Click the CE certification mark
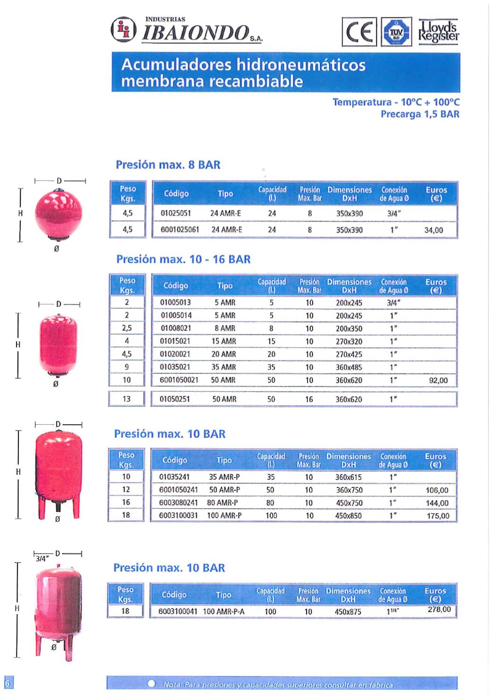point(359,32)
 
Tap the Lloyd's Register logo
point(439,32)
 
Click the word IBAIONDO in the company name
point(195,32)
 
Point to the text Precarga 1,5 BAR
point(420,114)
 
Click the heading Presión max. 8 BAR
point(168,165)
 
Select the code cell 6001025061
point(180,230)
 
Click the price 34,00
point(433,231)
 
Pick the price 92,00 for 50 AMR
point(438,380)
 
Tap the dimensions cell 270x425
point(349,355)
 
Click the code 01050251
point(175,399)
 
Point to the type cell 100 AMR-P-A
point(224,612)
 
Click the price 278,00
point(439,610)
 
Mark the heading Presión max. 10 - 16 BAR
point(183,259)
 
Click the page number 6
point(8,683)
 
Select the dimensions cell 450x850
point(348,516)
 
